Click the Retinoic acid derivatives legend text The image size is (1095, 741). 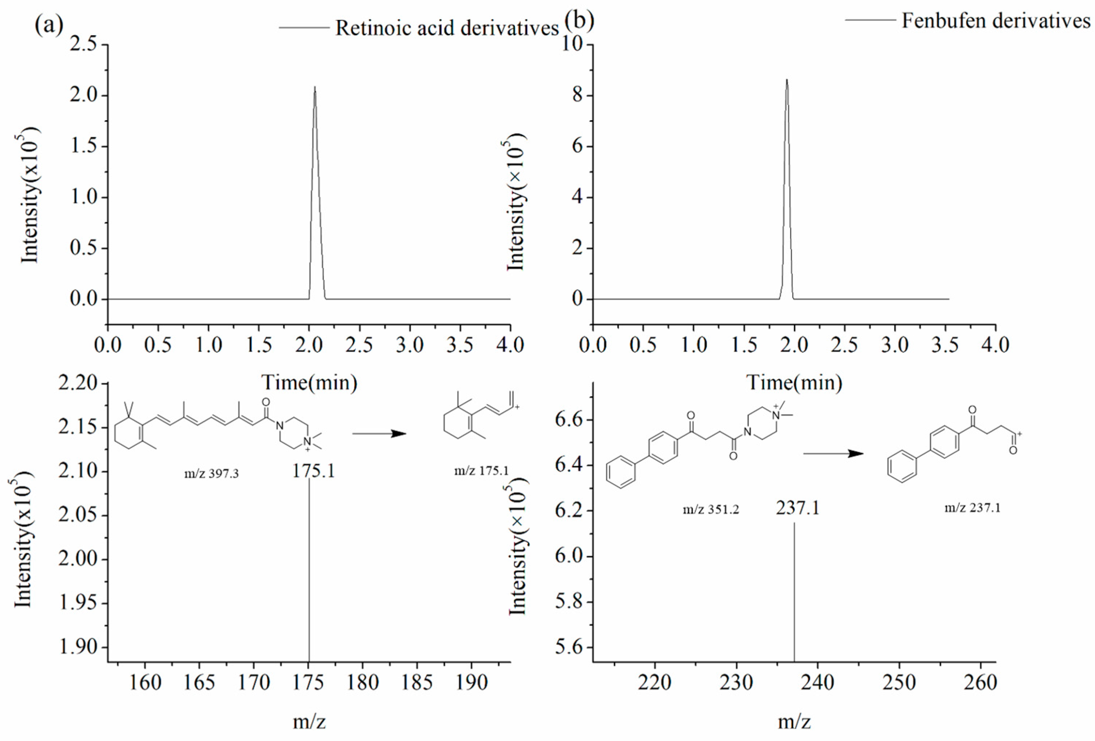click(x=447, y=28)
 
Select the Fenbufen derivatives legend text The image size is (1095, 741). click(x=995, y=21)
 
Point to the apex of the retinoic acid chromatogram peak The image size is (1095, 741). click(x=315, y=87)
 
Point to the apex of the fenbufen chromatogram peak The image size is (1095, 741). click(x=786, y=80)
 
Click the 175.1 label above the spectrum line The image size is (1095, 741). click(x=313, y=471)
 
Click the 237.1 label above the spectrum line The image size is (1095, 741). click(x=798, y=507)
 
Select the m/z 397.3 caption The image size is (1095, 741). click(x=212, y=473)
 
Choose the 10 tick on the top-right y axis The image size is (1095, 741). click(x=572, y=44)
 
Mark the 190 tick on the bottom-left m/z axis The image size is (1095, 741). click(x=472, y=682)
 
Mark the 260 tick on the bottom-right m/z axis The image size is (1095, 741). click(x=980, y=682)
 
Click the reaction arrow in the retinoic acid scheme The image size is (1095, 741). click(x=379, y=433)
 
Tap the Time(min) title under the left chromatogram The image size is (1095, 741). click(x=309, y=383)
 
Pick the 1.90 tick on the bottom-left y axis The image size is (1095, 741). click(x=78, y=647)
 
